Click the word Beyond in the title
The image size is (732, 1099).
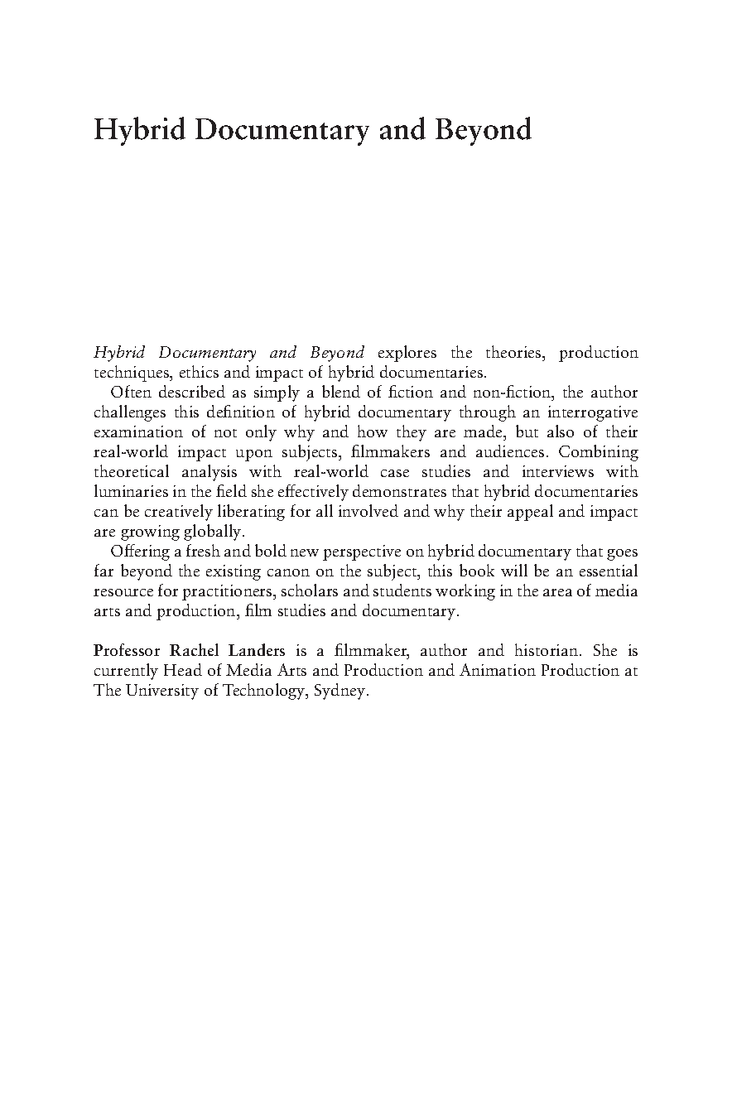[484, 130]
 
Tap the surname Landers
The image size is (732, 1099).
[254, 651]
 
